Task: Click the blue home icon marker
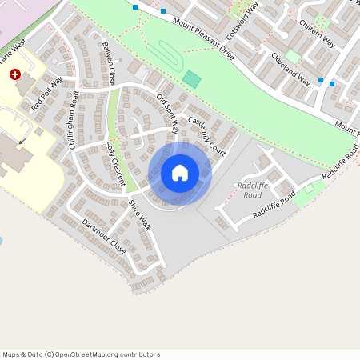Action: click(x=180, y=173)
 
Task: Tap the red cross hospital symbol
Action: click(x=15, y=74)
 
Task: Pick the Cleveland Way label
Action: click(x=290, y=70)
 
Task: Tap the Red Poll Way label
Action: click(x=46, y=94)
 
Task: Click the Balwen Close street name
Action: click(x=107, y=65)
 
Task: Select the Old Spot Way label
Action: click(x=168, y=110)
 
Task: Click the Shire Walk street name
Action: click(x=139, y=215)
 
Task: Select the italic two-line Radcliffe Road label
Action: click(x=253, y=190)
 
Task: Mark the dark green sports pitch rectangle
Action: click(x=192, y=79)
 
